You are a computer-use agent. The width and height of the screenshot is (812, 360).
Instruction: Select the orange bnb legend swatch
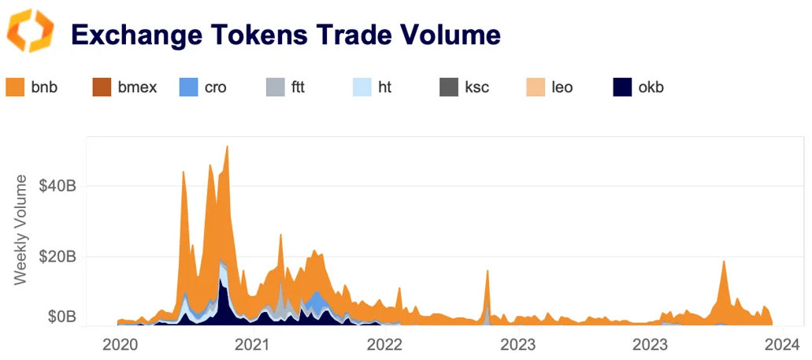pyautogui.click(x=16, y=87)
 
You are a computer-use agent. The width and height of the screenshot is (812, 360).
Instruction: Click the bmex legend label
pyautogui.click(x=137, y=87)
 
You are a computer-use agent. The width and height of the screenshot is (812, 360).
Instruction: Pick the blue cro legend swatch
pyautogui.click(x=189, y=87)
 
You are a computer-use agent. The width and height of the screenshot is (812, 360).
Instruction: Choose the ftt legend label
pyautogui.click(x=298, y=87)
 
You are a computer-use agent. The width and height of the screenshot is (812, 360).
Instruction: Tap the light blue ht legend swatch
pyautogui.click(x=362, y=87)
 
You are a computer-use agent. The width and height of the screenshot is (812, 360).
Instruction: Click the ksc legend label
pyautogui.click(x=476, y=87)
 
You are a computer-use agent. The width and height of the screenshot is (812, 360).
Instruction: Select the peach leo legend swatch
pyautogui.click(x=535, y=87)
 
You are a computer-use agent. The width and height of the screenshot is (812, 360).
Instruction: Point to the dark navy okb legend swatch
pyautogui.click(x=621, y=87)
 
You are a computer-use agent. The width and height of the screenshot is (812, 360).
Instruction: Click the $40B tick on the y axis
pyautogui.click(x=57, y=187)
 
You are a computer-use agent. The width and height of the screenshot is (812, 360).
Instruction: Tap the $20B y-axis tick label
pyautogui.click(x=57, y=257)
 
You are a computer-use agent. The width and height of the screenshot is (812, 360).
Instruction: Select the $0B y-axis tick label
pyautogui.click(x=61, y=317)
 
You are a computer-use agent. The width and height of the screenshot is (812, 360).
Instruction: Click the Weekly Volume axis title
pyautogui.click(x=23, y=228)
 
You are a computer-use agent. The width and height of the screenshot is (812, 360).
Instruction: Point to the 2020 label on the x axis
pyautogui.click(x=120, y=344)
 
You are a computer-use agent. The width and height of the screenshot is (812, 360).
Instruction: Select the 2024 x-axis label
pyautogui.click(x=782, y=344)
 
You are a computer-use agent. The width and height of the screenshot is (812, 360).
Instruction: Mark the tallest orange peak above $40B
pyautogui.click(x=227, y=147)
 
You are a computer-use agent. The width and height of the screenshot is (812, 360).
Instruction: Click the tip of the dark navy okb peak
pyautogui.click(x=221, y=280)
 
